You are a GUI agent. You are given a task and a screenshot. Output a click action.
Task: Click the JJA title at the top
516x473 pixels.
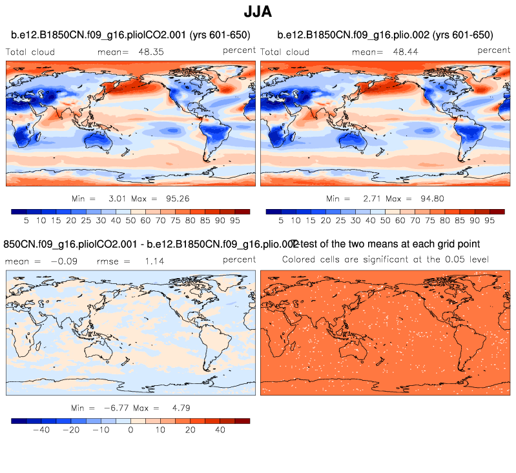point(258,12)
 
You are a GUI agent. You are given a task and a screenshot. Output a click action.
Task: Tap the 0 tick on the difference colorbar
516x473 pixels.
point(131,430)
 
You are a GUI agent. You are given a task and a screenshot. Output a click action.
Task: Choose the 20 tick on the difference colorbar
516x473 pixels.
point(191,430)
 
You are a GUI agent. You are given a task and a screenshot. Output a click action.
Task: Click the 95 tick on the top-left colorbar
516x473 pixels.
point(235,220)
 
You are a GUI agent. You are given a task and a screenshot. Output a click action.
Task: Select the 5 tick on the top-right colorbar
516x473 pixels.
point(281,220)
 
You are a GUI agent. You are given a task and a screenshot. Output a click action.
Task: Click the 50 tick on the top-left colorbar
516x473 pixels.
point(131,220)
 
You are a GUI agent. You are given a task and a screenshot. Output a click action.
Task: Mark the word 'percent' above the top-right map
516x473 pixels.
point(494,50)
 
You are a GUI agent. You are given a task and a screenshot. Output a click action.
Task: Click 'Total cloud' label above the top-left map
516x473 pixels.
point(30,52)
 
